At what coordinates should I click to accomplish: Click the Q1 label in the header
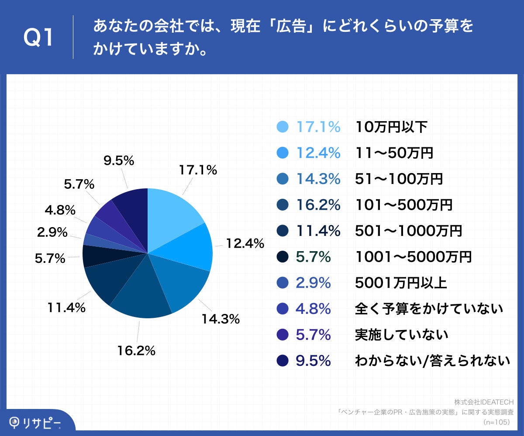coord(38,38)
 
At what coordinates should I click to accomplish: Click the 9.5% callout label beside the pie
coord(118,161)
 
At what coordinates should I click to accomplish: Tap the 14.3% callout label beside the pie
coord(220,319)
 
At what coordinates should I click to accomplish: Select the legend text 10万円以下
coord(391,127)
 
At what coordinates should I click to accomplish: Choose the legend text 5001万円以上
coord(401,283)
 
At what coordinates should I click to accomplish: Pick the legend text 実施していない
coord(401,335)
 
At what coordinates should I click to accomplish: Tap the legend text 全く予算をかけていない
coord(429,309)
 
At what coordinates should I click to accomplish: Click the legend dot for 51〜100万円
coord(283,179)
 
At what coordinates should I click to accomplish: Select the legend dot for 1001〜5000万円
coord(283,257)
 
